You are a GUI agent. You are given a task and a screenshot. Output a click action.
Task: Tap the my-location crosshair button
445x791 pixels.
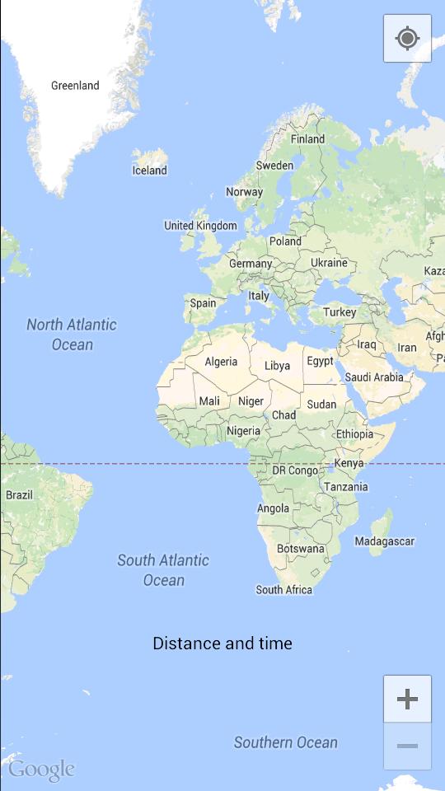click(x=407, y=38)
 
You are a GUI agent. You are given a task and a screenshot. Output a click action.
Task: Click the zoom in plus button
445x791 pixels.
click(x=407, y=700)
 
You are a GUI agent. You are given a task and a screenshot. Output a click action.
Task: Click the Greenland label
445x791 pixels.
click(x=75, y=86)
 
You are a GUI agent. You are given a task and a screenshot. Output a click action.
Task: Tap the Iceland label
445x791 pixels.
click(x=149, y=171)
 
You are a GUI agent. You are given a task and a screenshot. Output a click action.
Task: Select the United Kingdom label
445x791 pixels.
click(x=200, y=226)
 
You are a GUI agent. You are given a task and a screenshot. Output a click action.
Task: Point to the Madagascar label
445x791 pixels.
click(x=384, y=541)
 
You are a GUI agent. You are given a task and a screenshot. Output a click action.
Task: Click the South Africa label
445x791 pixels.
click(x=284, y=589)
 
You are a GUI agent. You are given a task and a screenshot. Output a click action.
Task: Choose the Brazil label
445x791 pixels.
click(x=19, y=495)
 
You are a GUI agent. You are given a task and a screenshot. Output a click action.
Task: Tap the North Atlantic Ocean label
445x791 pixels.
click(x=72, y=335)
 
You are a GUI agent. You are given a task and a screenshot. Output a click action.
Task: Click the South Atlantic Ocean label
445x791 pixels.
click(x=163, y=570)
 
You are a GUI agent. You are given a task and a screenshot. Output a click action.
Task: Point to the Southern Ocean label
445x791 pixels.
click(x=286, y=742)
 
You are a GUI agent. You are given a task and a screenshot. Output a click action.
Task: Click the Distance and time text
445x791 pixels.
click(x=222, y=644)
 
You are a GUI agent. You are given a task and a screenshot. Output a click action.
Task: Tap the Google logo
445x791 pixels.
click(x=41, y=770)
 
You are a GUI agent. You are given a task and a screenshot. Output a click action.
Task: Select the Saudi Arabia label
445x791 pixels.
click(x=374, y=377)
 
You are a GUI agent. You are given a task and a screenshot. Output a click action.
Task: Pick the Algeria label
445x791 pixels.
click(x=221, y=362)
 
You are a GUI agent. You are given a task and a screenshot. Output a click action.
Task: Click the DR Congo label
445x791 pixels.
click(x=295, y=470)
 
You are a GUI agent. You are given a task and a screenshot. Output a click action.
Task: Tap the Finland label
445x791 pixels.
click(x=307, y=139)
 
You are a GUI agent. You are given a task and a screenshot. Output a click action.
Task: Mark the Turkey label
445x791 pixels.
click(x=340, y=312)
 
